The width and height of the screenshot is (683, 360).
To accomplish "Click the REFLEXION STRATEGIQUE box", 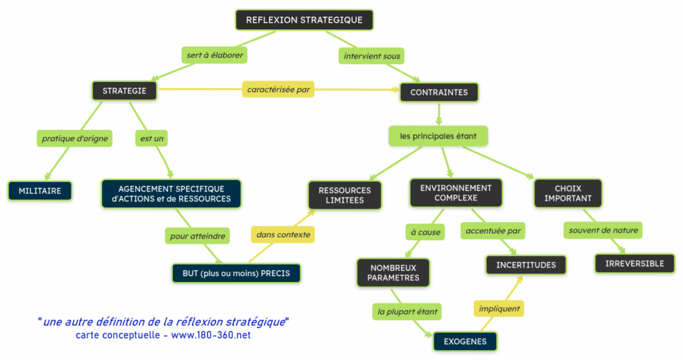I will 304,20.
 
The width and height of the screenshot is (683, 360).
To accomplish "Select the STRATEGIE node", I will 124,91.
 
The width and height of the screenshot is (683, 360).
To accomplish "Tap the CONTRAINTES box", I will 439,92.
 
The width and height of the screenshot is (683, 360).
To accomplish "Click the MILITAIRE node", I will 40,191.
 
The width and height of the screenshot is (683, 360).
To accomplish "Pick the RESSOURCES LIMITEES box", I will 345,195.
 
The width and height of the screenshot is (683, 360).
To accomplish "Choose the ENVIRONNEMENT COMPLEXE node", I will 456,193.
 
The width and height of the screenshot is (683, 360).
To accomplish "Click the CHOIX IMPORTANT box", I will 568,193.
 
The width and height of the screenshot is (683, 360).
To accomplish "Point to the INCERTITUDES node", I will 526,265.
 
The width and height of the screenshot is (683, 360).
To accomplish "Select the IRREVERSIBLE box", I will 634,263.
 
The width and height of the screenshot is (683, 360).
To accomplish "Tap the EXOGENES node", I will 465,342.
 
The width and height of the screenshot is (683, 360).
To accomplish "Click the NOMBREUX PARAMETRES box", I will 393,273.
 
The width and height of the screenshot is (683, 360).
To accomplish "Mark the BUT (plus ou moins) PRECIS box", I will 236,273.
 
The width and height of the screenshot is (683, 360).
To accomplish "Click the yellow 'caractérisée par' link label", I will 279,89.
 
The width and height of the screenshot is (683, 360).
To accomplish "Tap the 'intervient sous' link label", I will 372,56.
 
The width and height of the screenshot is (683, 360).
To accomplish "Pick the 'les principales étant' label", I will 438,136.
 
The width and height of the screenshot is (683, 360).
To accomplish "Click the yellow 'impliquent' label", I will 498,309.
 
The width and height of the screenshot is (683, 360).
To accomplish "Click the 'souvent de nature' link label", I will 603,231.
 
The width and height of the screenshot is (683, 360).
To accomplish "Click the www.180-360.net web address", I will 211,335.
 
